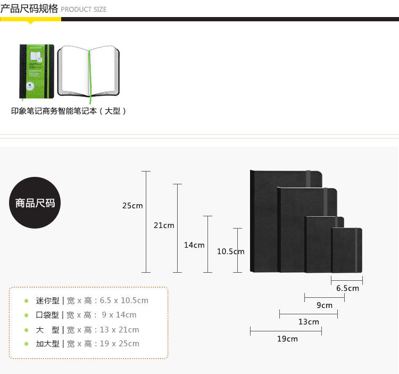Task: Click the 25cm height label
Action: point(132,206)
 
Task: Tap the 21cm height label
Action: point(164,225)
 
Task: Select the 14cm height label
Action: point(194,245)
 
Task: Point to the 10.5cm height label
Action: point(230,251)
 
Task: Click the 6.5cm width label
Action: point(347,288)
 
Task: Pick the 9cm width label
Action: point(325,305)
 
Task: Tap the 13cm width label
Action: point(309,322)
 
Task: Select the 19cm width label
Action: point(287,339)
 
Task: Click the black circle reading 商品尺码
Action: point(35,203)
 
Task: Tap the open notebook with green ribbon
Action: point(88,71)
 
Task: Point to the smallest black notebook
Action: point(347,250)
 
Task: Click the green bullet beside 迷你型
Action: point(26,301)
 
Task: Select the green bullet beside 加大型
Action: point(26,344)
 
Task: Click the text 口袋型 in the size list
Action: point(48,315)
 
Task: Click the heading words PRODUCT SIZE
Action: point(84,9)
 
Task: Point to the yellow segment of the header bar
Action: point(30,19)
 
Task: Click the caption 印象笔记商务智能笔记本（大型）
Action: point(69,111)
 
